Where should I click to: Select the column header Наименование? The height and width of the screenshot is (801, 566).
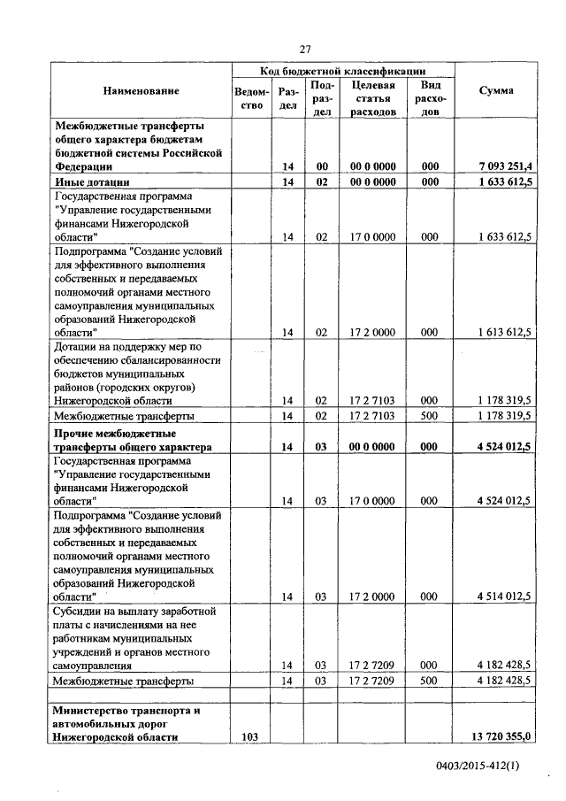coord(141,91)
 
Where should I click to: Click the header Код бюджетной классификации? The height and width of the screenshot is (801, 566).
coord(343,70)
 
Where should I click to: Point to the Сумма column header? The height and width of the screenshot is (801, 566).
coord(496,91)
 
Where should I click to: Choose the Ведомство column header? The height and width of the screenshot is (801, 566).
coord(251,98)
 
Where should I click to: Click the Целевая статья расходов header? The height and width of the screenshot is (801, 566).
coord(372,98)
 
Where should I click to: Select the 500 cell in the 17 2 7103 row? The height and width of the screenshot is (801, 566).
coord(430,415)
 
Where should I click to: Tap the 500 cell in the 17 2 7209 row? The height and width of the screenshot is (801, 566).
coord(430,681)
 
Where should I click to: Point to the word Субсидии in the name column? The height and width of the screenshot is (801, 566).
coord(80,612)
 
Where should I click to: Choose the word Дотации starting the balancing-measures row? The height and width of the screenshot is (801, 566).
coord(79,346)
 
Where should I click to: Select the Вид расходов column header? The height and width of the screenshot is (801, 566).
coord(430,98)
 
